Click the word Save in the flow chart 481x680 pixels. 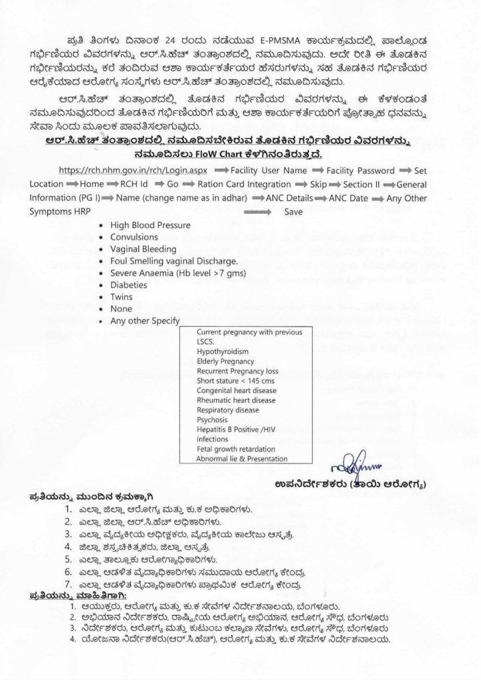[294, 211]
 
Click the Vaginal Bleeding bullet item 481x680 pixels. [144, 249]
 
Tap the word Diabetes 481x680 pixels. [128, 285]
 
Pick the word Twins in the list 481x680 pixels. [122, 297]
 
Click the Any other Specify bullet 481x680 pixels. [145, 321]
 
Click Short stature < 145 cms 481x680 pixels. [236, 381]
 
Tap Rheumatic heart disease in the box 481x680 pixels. [236, 400]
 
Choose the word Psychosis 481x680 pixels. [213, 420]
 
